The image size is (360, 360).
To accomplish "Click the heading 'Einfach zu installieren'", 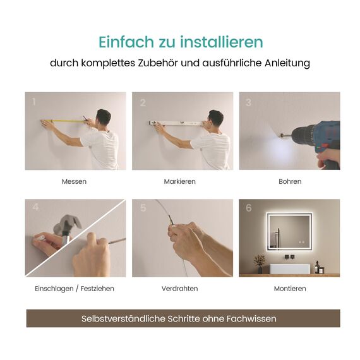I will (x=181, y=42).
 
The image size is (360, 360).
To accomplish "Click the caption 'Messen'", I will (x=74, y=181).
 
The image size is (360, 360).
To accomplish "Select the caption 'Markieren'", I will (x=180, y=181).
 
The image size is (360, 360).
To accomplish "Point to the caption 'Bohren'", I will (x=290, y=181).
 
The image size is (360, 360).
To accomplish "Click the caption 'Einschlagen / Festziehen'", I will (x=75, y=289).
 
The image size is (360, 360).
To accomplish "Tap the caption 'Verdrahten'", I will (x=180, y=289).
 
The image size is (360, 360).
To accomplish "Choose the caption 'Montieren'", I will (x=290, y=289).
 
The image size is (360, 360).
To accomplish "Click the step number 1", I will (x=33, y=102).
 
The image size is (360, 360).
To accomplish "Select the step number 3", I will (x=248, y=102).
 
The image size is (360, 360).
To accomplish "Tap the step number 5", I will (x=143, y=208).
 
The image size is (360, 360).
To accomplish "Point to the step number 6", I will (x=248, y=208).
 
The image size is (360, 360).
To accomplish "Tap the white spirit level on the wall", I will (x=177, y=123).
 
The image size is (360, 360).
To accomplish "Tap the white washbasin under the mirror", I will (x=290, y=267).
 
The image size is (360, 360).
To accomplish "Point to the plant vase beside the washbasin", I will (x=260, y=268).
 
